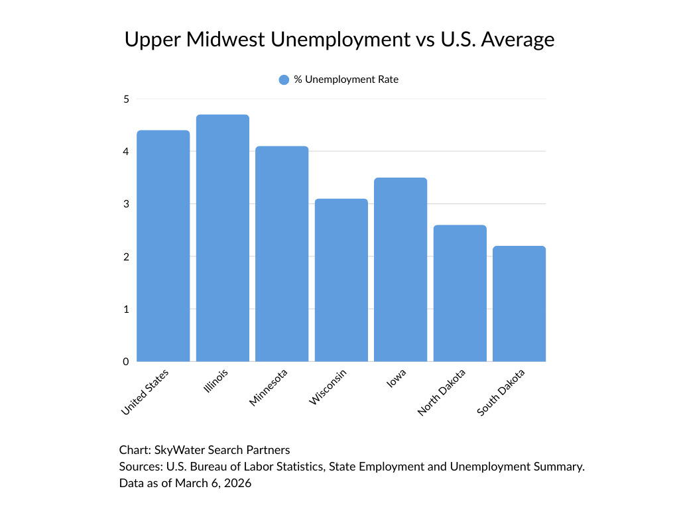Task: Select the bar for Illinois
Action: coord(223,239)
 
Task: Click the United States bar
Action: coord(163,247)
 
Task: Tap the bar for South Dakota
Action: coord(519,304)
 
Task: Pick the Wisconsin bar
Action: coord(341,280)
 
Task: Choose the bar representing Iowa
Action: coord(401,270)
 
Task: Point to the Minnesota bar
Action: coord(282,254)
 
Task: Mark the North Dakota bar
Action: coord(460,294)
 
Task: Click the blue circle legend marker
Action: coord(284,80)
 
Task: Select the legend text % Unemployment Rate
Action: coord(346,80)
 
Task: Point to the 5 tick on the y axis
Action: coord(125,99)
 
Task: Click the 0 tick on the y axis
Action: coord(125,362)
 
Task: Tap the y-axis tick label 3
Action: coord(125,204)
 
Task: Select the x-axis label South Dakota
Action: coord(502,392)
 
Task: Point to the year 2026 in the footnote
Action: coord(238,484)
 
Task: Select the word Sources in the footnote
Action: coord(138,467)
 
